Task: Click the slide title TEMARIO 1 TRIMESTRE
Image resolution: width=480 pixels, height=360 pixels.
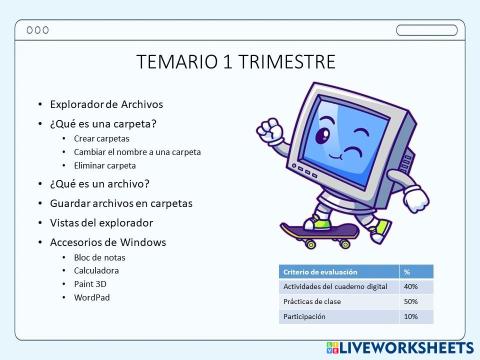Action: (x=235, y=63)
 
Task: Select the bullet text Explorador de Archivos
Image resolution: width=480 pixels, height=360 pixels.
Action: (x=106, y=104)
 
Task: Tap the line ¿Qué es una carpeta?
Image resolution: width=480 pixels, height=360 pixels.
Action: (x=102, y=123)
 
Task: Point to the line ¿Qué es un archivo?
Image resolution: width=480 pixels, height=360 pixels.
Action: (x=99, y=184)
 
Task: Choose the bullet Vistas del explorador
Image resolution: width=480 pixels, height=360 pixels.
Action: (x=102, y=222)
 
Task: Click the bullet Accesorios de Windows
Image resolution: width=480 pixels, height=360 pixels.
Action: (x=108, y=242)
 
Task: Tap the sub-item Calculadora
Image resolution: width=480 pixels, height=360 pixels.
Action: (x=97, y=270)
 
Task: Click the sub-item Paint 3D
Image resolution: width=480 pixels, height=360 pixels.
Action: (x=91, y=283)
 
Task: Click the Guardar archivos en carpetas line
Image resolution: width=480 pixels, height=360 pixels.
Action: (x=121, y=203)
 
